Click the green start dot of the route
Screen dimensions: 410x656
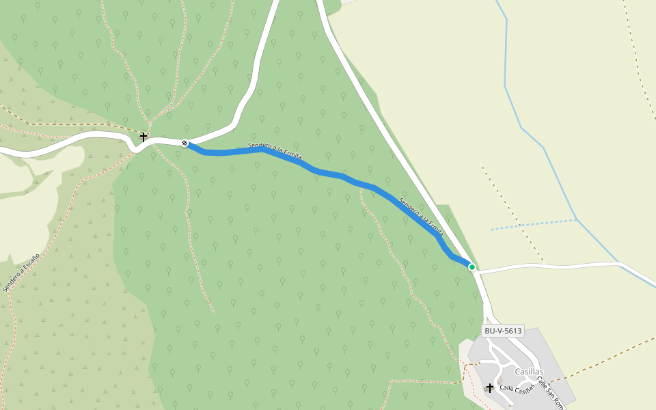coord(471,266)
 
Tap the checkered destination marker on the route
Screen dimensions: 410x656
coord(184,143)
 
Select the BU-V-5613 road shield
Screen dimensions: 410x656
coord(502,331)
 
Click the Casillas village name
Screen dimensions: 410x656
coord(529,371)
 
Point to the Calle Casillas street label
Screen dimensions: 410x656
coord(517,388)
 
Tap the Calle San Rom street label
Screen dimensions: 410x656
coord(549,392)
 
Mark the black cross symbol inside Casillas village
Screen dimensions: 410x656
coord(489,387)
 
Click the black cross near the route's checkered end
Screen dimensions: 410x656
coord(143,137)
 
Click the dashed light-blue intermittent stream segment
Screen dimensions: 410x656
coord(533,224)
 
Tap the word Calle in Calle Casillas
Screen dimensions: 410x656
coord(506,388)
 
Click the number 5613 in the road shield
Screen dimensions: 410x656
coord(512,331)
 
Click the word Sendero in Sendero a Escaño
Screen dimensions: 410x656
coord(12,282)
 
